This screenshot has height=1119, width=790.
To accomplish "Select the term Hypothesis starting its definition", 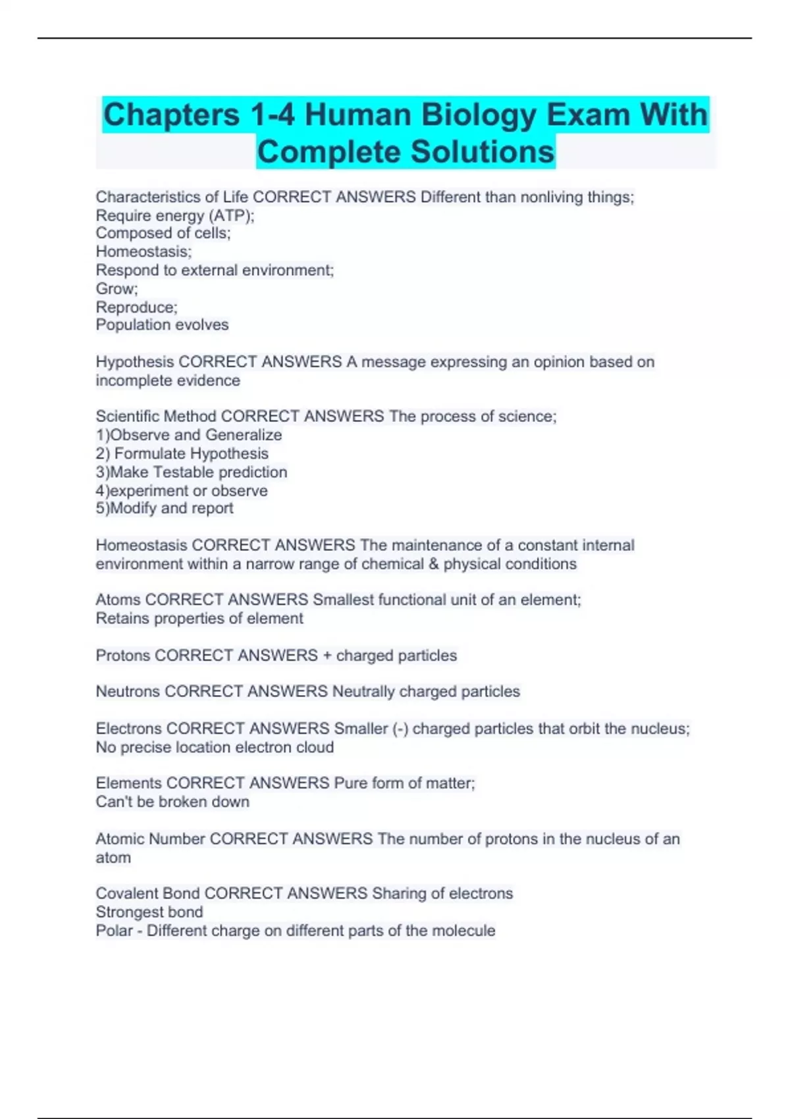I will (x=135, y=362).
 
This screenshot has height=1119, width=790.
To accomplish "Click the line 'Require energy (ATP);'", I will (x=174, y=216).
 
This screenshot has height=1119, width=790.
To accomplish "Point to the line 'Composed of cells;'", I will (x=163, y=233).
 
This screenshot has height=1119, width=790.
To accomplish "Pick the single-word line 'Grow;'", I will (x=117, y=288).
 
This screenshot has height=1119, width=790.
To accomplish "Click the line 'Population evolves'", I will (x=162, y=325).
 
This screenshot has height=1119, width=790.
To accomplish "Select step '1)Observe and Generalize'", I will (x=188, y=435).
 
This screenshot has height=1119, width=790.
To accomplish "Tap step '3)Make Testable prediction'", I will (x=191, y=472).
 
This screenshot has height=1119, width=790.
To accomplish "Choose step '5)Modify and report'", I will (x=164, y=508).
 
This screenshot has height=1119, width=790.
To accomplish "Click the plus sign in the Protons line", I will (x=327, y=656).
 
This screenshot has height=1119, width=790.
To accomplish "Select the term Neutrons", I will (x=128, y=692).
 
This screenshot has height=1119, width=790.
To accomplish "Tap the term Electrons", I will (x=128, y=729).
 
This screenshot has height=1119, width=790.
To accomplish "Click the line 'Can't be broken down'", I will (x=172, y=802).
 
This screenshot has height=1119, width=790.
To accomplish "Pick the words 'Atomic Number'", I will (x=150, y=839).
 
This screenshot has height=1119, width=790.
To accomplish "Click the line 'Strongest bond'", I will (x=149, y=912).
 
